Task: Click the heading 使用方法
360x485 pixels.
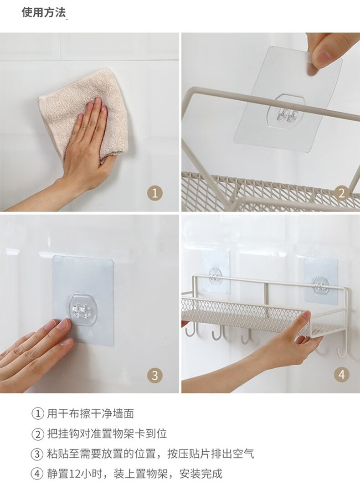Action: coord(44,13)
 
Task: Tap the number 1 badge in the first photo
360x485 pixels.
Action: coord(155,194)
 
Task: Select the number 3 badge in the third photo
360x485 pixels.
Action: coord(155,376)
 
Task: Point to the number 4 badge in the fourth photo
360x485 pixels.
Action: coord(342,375)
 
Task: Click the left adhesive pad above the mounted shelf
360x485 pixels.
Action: coord(215,272)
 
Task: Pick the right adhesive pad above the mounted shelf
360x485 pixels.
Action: coord(320,279)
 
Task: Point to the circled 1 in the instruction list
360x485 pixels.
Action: coord(38,413)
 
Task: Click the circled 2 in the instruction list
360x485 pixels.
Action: coord(38,434)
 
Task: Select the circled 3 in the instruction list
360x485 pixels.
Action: coord(38,454)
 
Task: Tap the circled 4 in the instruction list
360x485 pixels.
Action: coord(38,474)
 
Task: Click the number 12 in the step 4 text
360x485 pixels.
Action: coord(75,474)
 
